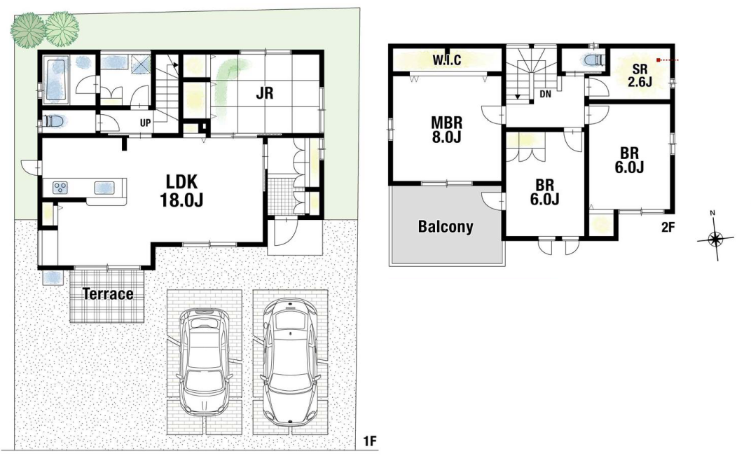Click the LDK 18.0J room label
click(181, 191)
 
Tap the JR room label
click(264, 92)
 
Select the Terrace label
click(108, 293)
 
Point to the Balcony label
click(446, 226)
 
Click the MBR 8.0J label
click(446, 130)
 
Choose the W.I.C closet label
click(447, 60)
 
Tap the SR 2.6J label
click(640, 76)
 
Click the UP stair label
click(146, 123)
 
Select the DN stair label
click(545, 95)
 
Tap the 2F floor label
click(668, 228)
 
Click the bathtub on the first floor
click(57, 80)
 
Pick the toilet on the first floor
click(53, 121)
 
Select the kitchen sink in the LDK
click(104, 187)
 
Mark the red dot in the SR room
click(659, 60)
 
